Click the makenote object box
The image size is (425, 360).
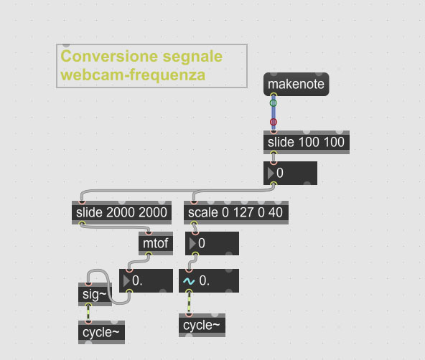[296, 84]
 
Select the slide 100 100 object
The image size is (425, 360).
[307, 143]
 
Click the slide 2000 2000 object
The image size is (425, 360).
[121, 212]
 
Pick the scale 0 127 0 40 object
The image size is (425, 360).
[236, 212]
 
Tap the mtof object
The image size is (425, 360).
[156, 243]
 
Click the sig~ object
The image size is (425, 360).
[95, 295]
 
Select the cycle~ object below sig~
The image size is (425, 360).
[101, 333]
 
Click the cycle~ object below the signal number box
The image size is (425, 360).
[202, 326]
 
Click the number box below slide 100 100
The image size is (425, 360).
[290, 174]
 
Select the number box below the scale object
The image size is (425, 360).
[212, 243]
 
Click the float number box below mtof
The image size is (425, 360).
[146, 280]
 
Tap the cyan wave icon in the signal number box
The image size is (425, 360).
[189, 281]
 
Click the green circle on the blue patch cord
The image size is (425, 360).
[274, 103]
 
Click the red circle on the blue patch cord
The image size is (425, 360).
[274, 122]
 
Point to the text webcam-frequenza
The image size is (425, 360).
[133, 75]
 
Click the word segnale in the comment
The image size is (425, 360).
[192, 57]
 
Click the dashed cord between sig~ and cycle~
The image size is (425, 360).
[88, 313]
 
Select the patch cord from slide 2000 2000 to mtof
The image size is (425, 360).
[115, 227]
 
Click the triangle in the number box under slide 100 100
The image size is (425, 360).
[271, 174]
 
